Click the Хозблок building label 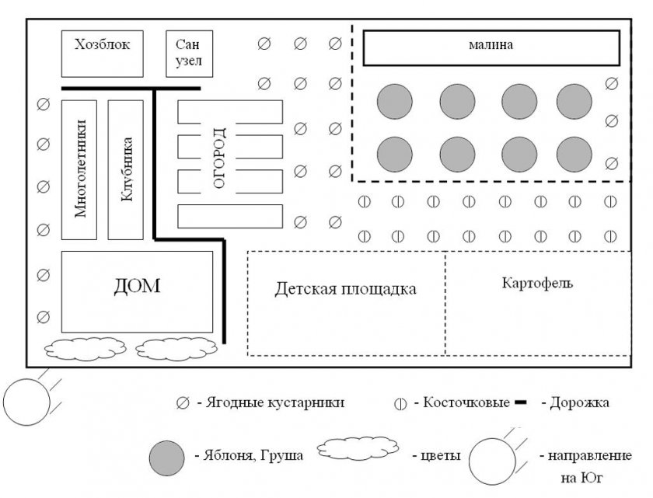coord(102,44)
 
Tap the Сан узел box coord(190,54)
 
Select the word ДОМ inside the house coord(137,287)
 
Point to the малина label coord(491,44)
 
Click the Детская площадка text coord(345,289)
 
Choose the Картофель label coord(537,283)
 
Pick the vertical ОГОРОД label coord(219,158)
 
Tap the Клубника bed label coord(127,169)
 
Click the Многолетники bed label coord(80,169)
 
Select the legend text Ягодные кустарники coord(275,402)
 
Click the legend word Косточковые coord(466,402)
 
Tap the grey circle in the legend coord(166,458)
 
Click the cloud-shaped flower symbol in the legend coord(358,448)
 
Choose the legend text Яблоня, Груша coord(253,455)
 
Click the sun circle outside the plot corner coord(26,402)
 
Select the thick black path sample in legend coord(521,402)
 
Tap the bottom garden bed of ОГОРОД coord(230,216)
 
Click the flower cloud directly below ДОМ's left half coord(86,349)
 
